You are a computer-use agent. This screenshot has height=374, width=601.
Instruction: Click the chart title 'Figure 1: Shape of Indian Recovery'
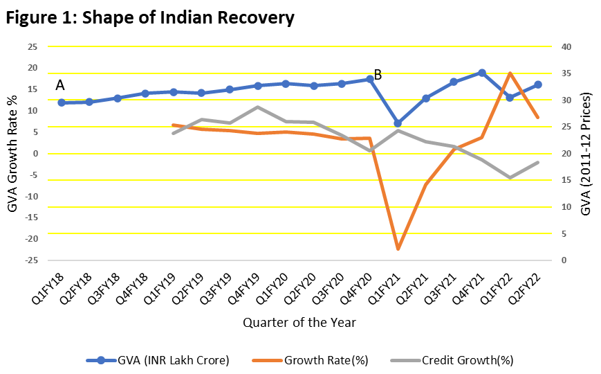(150, 18)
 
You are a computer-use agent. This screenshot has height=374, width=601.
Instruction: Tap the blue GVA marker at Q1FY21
(398, 123)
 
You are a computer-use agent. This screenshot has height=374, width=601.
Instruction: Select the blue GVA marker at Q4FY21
(482, 73)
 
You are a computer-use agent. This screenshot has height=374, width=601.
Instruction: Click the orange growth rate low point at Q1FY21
(398, 249)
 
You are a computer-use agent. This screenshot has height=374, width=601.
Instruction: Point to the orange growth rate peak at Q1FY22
(510, 73)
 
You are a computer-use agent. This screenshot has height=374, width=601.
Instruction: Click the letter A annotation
(60, 85)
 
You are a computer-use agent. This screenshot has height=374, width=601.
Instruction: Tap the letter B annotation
(378, 74)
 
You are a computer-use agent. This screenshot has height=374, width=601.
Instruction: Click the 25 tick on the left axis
(32, 47)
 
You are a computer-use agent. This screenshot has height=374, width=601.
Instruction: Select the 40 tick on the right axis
(566, 47)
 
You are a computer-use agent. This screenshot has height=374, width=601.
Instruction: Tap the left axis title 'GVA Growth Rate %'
(12, 153)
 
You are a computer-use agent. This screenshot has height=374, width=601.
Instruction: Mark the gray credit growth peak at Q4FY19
(257, 107)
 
